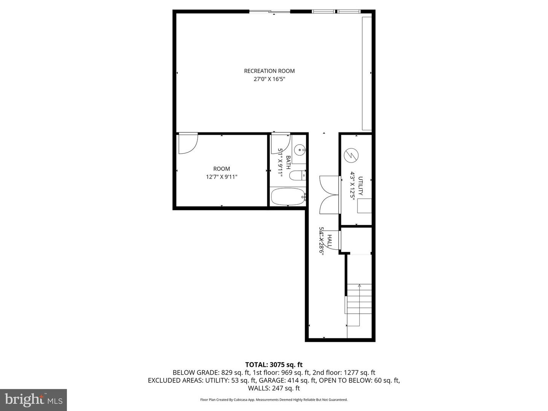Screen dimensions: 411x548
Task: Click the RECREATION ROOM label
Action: click(x=269, y=71)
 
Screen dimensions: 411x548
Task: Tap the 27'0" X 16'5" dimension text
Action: click(x=269, y=79)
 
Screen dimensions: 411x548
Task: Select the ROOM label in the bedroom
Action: click(x=221, y=169)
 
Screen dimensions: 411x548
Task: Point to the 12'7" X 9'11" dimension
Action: click(x=221, y=177)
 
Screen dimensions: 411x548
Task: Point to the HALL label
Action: click(x=330, y=241)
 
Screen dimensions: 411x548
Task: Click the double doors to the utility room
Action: click(x=329, y=195)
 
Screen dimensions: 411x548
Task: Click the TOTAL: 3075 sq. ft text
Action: click(x=274, y=365)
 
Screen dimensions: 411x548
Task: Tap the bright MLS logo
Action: click(x=33, y=400)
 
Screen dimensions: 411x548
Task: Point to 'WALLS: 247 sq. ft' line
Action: click(x=274, y=388)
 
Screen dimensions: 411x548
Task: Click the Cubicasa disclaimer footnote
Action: click(x=274, y=400)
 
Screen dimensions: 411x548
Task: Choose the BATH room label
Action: click(x=288, y=162)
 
